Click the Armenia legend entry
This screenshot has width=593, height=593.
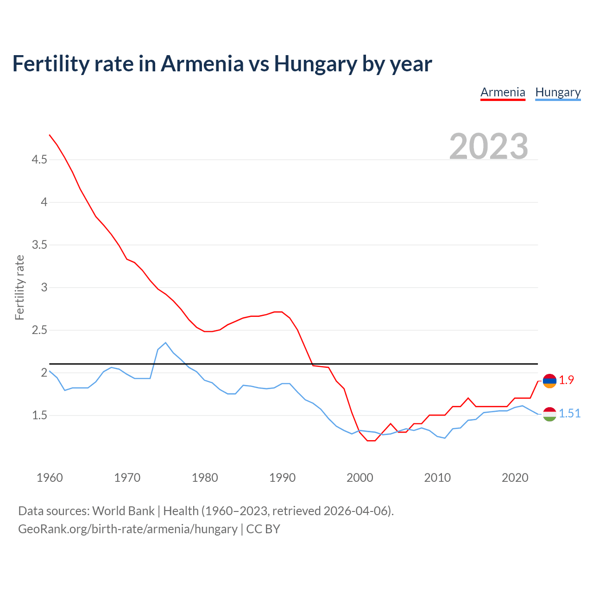point(503,92)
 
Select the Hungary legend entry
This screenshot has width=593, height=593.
point(558,92)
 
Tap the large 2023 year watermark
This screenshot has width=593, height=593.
point(489,146)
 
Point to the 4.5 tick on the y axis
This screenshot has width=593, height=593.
point(39,159)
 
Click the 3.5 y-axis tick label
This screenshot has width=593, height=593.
point(39,245)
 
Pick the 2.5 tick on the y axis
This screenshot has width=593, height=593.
point(39,330)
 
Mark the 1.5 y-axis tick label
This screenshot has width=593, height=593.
point(39,415)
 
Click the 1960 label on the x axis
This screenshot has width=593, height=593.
point(50,478)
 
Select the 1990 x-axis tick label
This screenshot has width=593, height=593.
point(282,478)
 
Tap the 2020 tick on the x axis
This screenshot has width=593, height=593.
point(515,478)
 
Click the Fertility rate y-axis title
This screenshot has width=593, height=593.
point(19,287)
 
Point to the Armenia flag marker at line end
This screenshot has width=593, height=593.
point(549,381)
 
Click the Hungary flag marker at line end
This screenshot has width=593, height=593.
point(549,414)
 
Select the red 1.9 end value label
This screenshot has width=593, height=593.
point(566,380)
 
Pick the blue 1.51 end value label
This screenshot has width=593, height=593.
point(569,413)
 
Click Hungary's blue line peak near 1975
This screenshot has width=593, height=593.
point(165,343)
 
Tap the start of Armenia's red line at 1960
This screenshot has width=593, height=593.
point(50,135)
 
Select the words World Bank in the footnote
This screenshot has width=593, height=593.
point(123,511)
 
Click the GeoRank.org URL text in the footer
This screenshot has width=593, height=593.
point(127,529)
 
